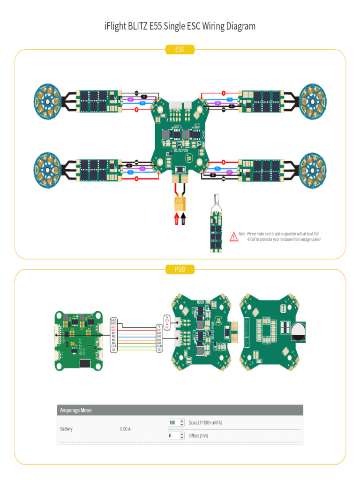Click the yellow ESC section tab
pos(180,49)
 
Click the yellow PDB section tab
pos(180,269)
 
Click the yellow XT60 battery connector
pos(180,204)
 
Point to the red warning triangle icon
pos(233,237)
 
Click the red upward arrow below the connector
pos(177,219)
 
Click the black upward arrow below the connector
pos(183,219)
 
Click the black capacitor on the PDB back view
pos(298,332)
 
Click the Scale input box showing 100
pos(173,422)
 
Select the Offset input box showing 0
pos(173,435)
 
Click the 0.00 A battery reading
pos(126,429)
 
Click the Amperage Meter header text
pos(76,410)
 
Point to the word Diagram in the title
pos(238,26)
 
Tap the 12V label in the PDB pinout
pos(166,320)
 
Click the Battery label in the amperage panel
pos(66,429)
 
